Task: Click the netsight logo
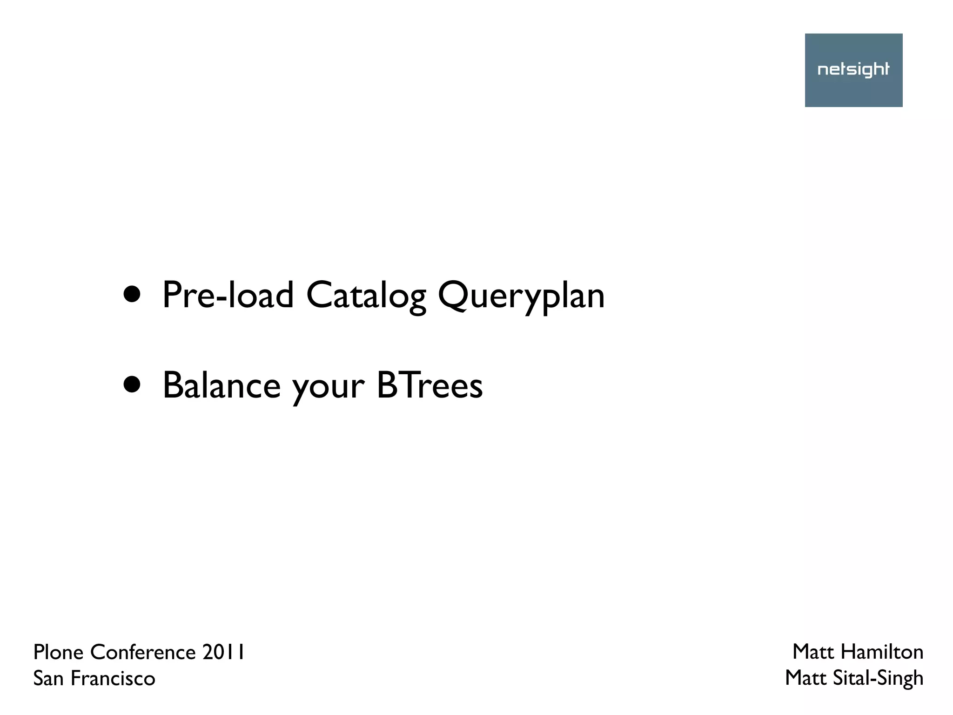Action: coord(853,70)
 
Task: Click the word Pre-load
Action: coord(228,295)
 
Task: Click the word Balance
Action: coord(221,385)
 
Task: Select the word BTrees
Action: coord(430,385)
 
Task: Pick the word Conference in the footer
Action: coord(143,652)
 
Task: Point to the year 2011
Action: coord(223,652)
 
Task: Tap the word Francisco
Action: coord(113,678)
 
